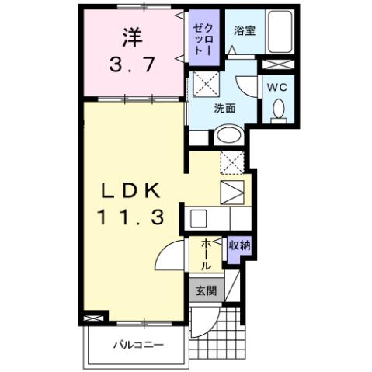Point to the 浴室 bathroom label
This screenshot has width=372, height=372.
point(244,30)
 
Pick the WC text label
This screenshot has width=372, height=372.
point(277,87)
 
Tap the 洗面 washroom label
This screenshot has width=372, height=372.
point(226,109)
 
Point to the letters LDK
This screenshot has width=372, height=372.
point(130,189)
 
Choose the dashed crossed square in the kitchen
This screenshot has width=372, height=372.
point(231,162)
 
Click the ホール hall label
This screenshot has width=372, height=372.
point(206,254)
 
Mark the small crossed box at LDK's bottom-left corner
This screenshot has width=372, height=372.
point(94,318)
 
